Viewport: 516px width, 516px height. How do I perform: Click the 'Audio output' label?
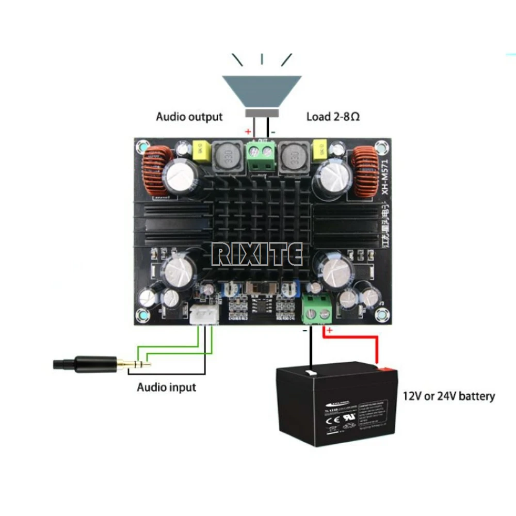pos(189,117)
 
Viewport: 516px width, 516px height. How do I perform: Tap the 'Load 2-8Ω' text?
pos(333,117)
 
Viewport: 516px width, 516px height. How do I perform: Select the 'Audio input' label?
pos(166,386)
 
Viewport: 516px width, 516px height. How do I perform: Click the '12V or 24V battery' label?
pos(448,396)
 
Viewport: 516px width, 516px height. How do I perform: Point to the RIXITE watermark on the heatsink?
pos(258,254)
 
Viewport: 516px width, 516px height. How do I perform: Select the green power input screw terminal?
pos(317,308)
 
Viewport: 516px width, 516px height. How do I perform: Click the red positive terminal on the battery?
pos(384,368)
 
